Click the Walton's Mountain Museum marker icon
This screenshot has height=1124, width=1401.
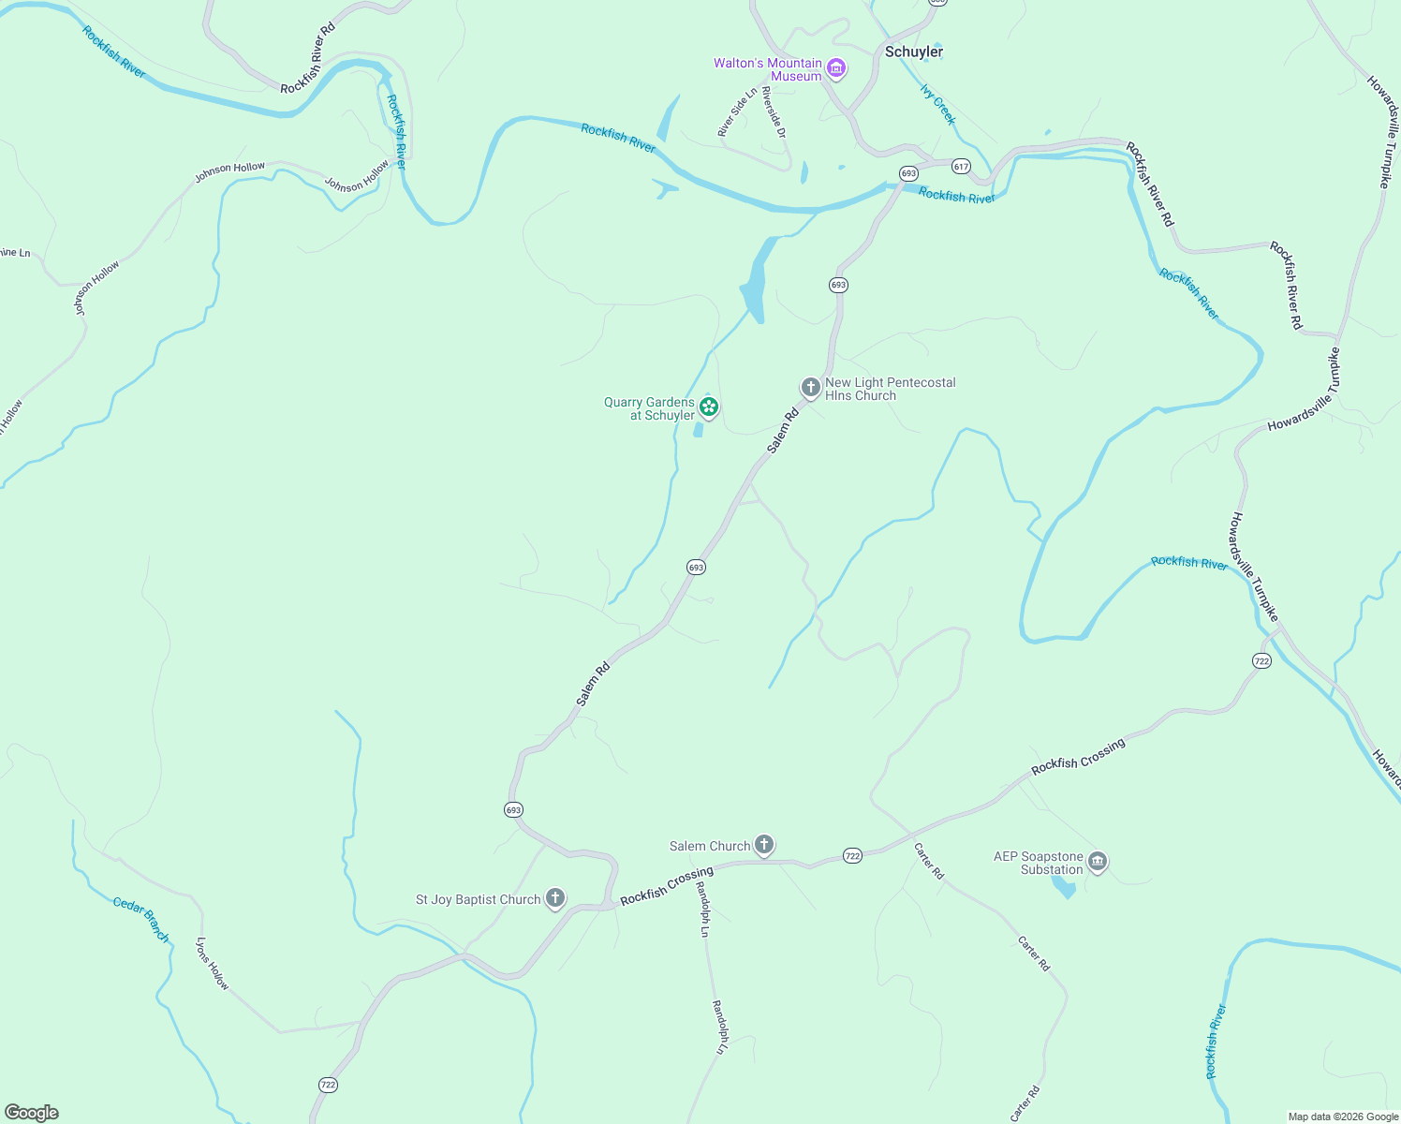click(836, 68)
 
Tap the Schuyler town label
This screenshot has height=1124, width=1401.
click(914, 52)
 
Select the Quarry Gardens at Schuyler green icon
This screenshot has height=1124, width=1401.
click(709, 407)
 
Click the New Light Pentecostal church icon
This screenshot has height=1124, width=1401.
click(810, 387)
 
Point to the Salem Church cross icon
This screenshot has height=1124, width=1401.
click(764, 845)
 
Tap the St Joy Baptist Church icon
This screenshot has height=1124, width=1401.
click(555, 898)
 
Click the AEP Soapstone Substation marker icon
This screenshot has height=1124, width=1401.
click(1098, 862)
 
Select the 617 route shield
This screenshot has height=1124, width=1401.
click(961, 167)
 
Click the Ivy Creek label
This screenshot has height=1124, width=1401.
click(938, 105)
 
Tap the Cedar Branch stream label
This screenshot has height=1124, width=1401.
click(141, 919)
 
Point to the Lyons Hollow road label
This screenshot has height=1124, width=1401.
click(213, 963)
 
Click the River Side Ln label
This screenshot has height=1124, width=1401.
click(737, 113)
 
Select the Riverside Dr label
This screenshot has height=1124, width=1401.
click(774, 112)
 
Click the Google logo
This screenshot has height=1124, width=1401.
click(32, 1113)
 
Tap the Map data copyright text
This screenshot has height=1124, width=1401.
click(1342, 1117)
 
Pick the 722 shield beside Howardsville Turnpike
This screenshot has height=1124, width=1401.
click(1261, 661)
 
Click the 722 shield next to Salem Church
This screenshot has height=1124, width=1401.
click(852, 856)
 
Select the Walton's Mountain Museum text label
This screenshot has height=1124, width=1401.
click(768, 69)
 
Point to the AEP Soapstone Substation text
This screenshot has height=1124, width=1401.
click(1039, 863)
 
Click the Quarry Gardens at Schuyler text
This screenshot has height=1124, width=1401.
click(649, 408)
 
